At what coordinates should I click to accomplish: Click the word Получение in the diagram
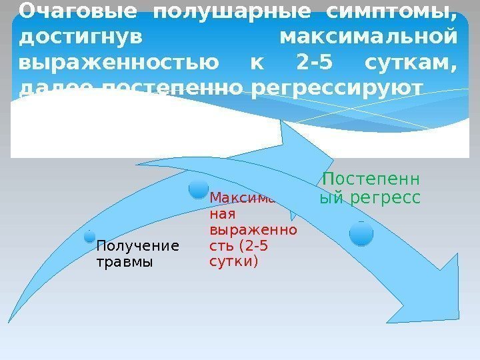pos(138,246)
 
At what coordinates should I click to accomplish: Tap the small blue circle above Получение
pos(89,235)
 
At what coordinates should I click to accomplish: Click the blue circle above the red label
pos(199,189)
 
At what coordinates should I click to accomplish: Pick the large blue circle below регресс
pos(361,234)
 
